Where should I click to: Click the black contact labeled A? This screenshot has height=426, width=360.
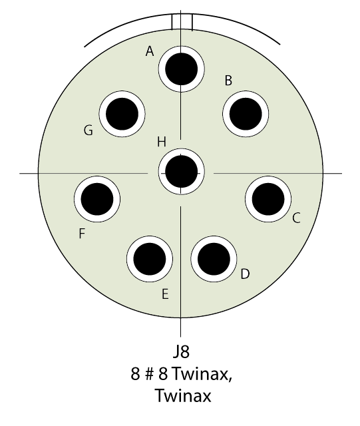181,69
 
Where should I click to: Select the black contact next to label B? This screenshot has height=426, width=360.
246,114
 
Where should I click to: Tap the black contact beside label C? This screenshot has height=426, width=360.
268,199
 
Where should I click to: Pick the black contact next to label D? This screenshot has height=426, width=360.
214,259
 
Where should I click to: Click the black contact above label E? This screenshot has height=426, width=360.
150,259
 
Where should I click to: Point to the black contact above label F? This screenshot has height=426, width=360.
97,199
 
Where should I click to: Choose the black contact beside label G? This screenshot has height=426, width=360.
122,114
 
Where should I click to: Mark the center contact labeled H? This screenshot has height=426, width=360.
181,172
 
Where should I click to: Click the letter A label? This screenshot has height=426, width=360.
150,51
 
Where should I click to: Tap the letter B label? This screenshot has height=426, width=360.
228,81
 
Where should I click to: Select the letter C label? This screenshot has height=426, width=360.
296,218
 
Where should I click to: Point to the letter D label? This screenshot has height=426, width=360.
245,274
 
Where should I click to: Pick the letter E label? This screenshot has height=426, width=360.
165,294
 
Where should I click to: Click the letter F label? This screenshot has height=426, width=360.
82,234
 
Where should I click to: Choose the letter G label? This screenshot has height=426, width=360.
89,130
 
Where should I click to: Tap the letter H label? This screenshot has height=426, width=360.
162,142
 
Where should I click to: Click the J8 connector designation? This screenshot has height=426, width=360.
181,351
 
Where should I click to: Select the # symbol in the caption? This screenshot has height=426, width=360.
150,374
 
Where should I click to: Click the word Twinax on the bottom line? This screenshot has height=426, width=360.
183,396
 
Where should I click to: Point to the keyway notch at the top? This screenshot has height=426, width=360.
182,22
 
